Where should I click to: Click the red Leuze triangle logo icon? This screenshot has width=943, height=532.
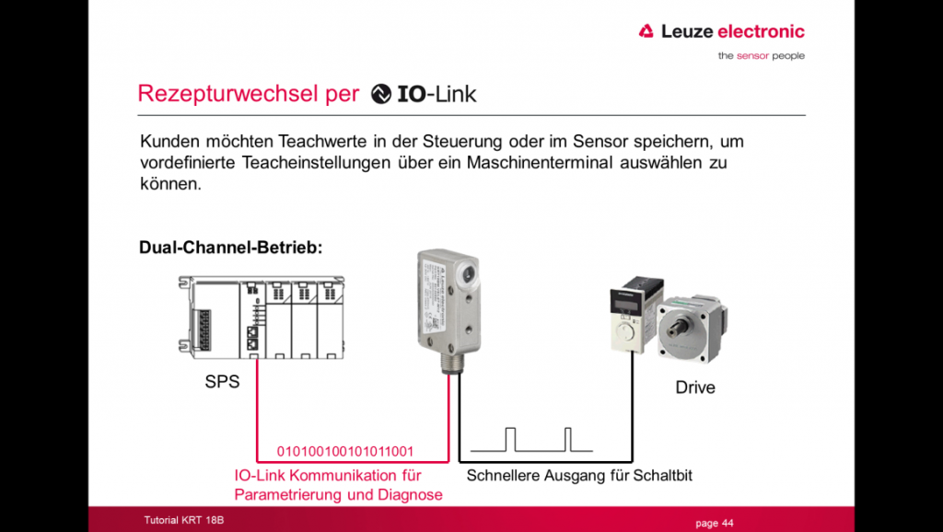pos(646,31)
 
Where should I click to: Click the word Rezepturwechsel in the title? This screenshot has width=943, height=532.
pos(249,94)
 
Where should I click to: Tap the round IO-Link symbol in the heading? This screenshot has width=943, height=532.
pos(380,94)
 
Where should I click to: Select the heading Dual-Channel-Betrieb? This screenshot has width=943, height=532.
pos(231,247)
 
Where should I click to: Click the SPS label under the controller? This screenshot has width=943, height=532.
pos(222,382)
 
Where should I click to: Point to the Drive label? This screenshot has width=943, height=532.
pos(695,387)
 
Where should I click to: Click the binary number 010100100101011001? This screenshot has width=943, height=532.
pos(345,451)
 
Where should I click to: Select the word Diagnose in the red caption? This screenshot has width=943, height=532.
pos(410,495)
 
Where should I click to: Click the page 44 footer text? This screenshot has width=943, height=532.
pos(715,523)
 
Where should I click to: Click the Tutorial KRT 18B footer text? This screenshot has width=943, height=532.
pos(184,520)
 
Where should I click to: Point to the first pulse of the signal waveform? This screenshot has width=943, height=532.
pos(510,439)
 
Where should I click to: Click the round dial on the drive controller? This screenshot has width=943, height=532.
pos(626,333)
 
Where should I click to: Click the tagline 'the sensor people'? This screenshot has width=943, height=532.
pos(762,56)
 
